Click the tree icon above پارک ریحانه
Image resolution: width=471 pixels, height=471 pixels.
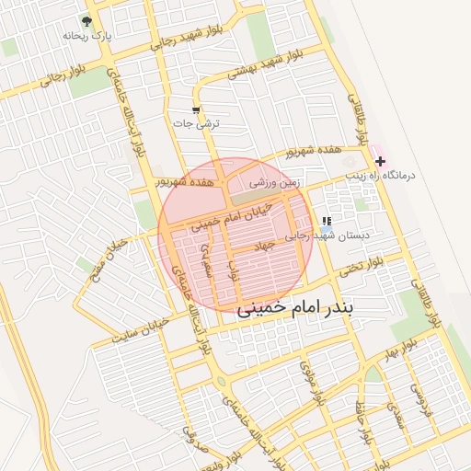86,20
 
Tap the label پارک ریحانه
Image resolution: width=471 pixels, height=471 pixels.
86,35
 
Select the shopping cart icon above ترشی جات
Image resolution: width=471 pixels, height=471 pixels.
195,109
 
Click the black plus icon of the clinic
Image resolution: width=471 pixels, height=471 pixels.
380,161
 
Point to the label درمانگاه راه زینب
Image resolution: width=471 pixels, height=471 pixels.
381,174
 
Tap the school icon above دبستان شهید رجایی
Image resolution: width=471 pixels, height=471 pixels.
327,222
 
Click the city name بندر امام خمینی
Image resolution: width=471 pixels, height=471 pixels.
301,309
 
